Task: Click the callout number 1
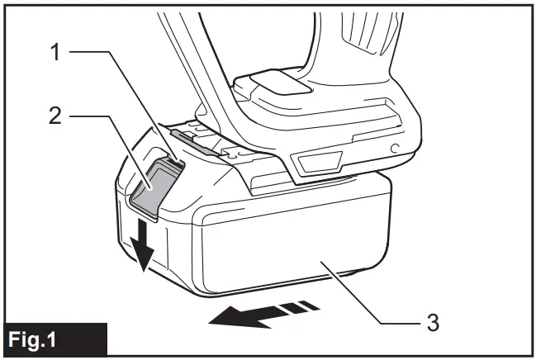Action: point(56,51)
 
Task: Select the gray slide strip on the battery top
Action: point(197,141)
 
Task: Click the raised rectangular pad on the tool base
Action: point(272,86)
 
